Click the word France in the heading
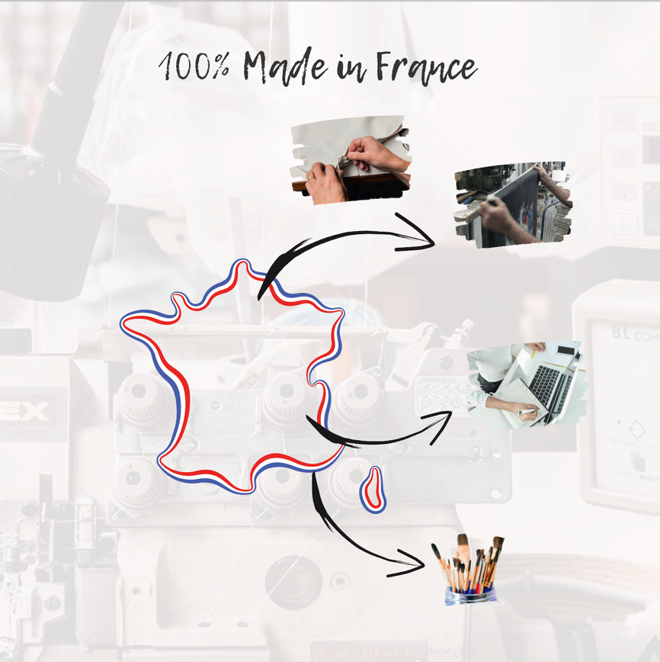pyautogui.click(x=426, y=68)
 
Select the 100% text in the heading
pyautogui.click(x=194, y=66)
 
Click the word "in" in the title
pyautogui.click(x=351, y=69)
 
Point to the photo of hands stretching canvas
pyautogui.click(x=351, y=159)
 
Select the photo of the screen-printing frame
pyautogui.click(x=513, y=204)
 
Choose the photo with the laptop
pyautogui.click(x=527, y=385)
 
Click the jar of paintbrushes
pyautogui.click(x=469, y=570)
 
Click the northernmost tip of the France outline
pyautogui.click(x=242, y=262)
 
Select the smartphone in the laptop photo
pyautogui.click(x=565, y=350)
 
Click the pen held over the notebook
pyautogui.click(x=527, y=412)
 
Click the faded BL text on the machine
pyautogui.click(x=621, y=333)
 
